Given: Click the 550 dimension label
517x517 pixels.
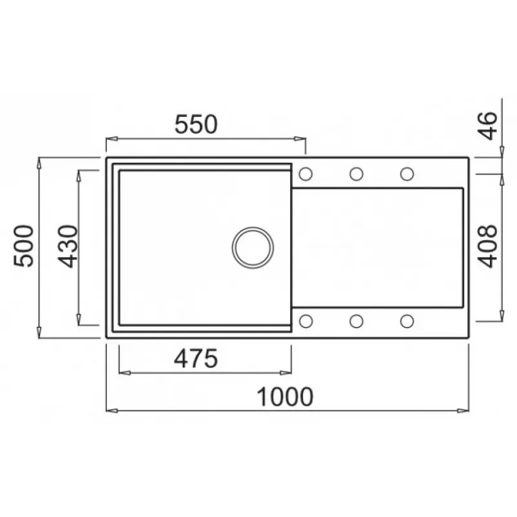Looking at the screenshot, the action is point(196,124).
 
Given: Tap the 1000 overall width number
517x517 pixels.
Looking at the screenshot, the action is point(285,397).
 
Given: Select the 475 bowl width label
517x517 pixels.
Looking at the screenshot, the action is point(196,359).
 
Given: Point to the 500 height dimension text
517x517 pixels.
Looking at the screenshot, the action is point(24,246).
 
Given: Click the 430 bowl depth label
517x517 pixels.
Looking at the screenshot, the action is point(68,246).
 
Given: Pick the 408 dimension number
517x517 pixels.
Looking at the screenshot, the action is point(487,246).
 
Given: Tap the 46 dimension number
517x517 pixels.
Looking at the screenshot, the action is point(487,126).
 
